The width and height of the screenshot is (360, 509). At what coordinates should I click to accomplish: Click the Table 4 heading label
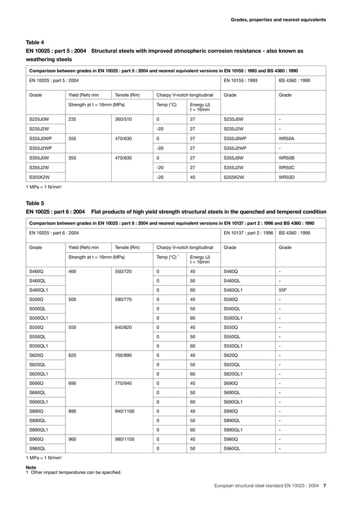pos(34,42)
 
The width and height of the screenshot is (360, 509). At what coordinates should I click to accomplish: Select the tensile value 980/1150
pos(125,438)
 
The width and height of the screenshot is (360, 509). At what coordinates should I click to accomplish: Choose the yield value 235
pos(72,120)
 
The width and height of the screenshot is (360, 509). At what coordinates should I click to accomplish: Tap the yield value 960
pos(72,438)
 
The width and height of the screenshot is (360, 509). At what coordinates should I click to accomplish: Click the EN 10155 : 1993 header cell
pos(241,81)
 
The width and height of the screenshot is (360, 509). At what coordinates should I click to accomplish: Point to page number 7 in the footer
pos(324,485)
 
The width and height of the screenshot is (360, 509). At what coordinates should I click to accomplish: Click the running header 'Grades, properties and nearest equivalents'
pos(278,20)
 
